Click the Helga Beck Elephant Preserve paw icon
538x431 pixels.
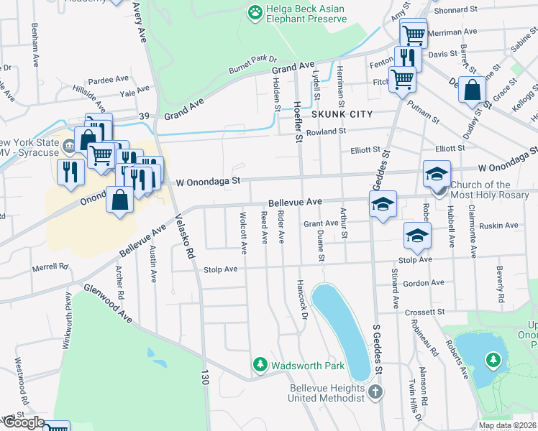(254, 11)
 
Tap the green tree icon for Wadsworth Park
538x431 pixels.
(260, 366)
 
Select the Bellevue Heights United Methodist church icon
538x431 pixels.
(374, 391)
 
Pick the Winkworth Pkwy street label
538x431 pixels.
(68, 312)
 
